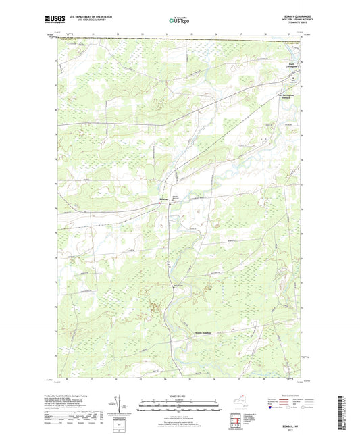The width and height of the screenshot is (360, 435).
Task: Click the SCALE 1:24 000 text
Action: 180,396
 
